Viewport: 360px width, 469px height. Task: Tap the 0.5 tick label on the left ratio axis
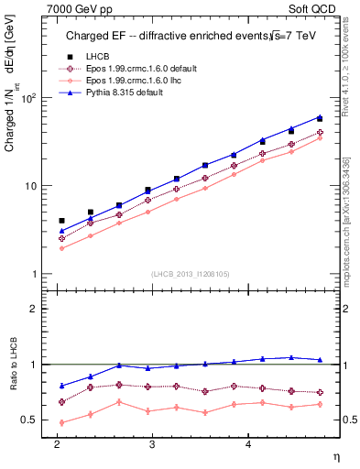(27, 420)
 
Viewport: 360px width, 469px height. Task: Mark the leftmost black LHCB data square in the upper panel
(61, 221)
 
